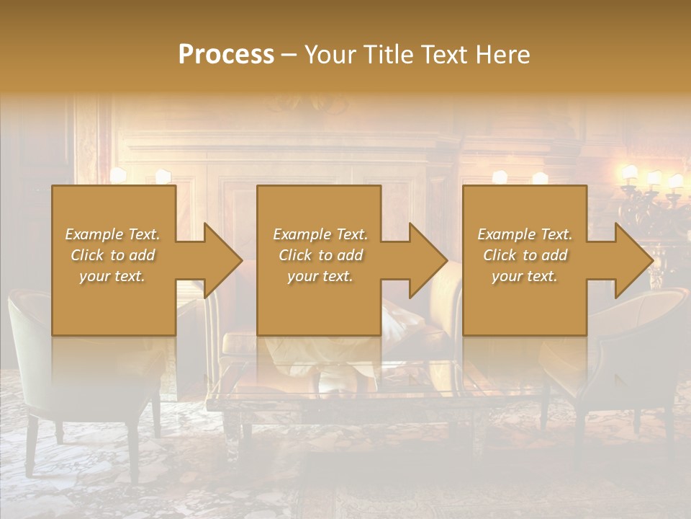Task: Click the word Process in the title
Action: click(226, 54)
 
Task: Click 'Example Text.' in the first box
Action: click(113, 234)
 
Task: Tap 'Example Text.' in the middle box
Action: click(320, 234)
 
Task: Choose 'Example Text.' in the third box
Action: click(525, 234)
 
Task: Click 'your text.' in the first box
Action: click(113, 276)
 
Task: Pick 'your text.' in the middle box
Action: click(320, 276)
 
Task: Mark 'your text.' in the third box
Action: click(525, 276)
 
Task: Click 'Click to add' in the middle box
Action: click(320, 255)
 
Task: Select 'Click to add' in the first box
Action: click(113, 255)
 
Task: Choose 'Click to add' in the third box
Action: click(525, 255)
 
